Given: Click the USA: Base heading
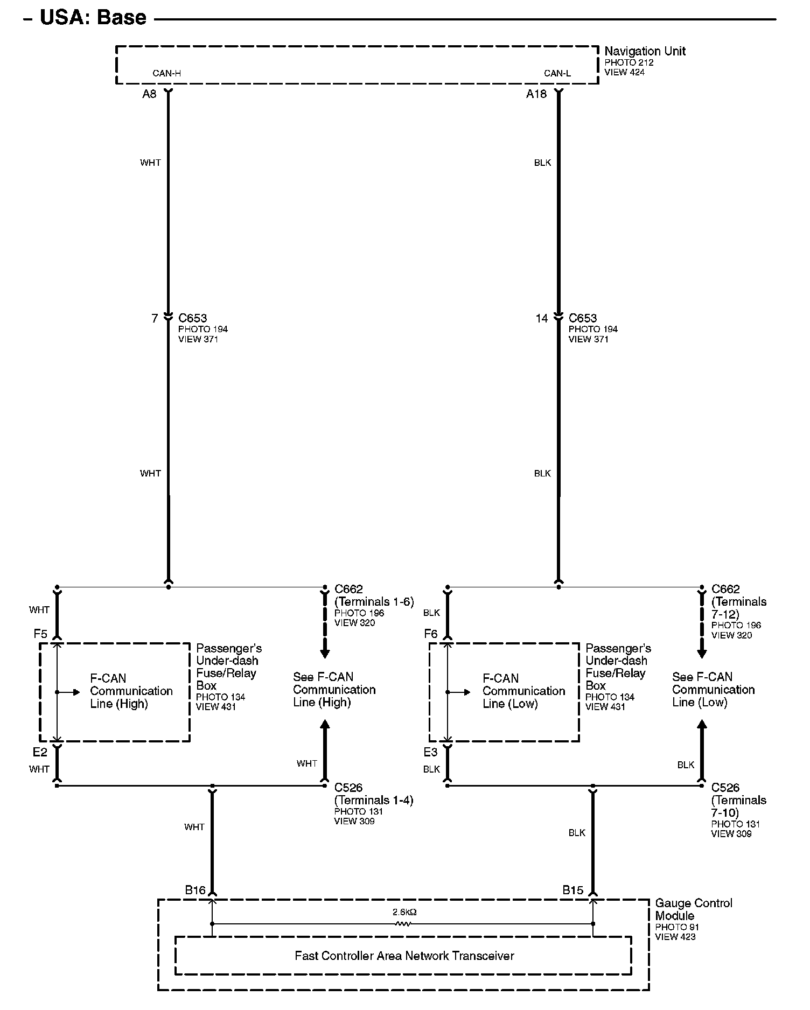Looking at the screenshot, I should [x=93, y=18].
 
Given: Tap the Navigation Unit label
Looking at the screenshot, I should [x=645, y=51].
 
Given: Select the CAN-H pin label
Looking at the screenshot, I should [x=166, y=73].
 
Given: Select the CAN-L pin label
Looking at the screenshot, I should [x=557, y=73].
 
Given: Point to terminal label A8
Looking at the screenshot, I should [x=149, y=94].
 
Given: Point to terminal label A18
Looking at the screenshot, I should [x=536, y=94].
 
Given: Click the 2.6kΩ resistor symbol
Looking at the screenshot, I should [x=403, y=924].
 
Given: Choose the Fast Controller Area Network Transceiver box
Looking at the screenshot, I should [x=404, y=956].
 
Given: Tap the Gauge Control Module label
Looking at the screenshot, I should [x=693, y=909].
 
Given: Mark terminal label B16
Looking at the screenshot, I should [x=195, y=890].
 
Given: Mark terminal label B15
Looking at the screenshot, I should [x=572, y=890].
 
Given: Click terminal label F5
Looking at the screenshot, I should [x=40, y=634].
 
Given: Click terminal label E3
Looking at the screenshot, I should [x=430, y=752].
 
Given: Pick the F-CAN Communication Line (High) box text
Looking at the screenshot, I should [x=131, y=691].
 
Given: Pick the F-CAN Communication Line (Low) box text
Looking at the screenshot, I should [x=523, y=691].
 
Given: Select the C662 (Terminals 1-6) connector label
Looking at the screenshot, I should [x=374, y=595].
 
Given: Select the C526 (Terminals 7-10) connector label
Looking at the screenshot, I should [x=738, y=800].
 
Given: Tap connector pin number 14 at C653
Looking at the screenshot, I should [x=541, y=318].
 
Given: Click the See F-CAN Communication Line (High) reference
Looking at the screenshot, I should [x=334, y=690].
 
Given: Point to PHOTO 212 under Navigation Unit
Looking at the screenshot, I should [x=629, y=62].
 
